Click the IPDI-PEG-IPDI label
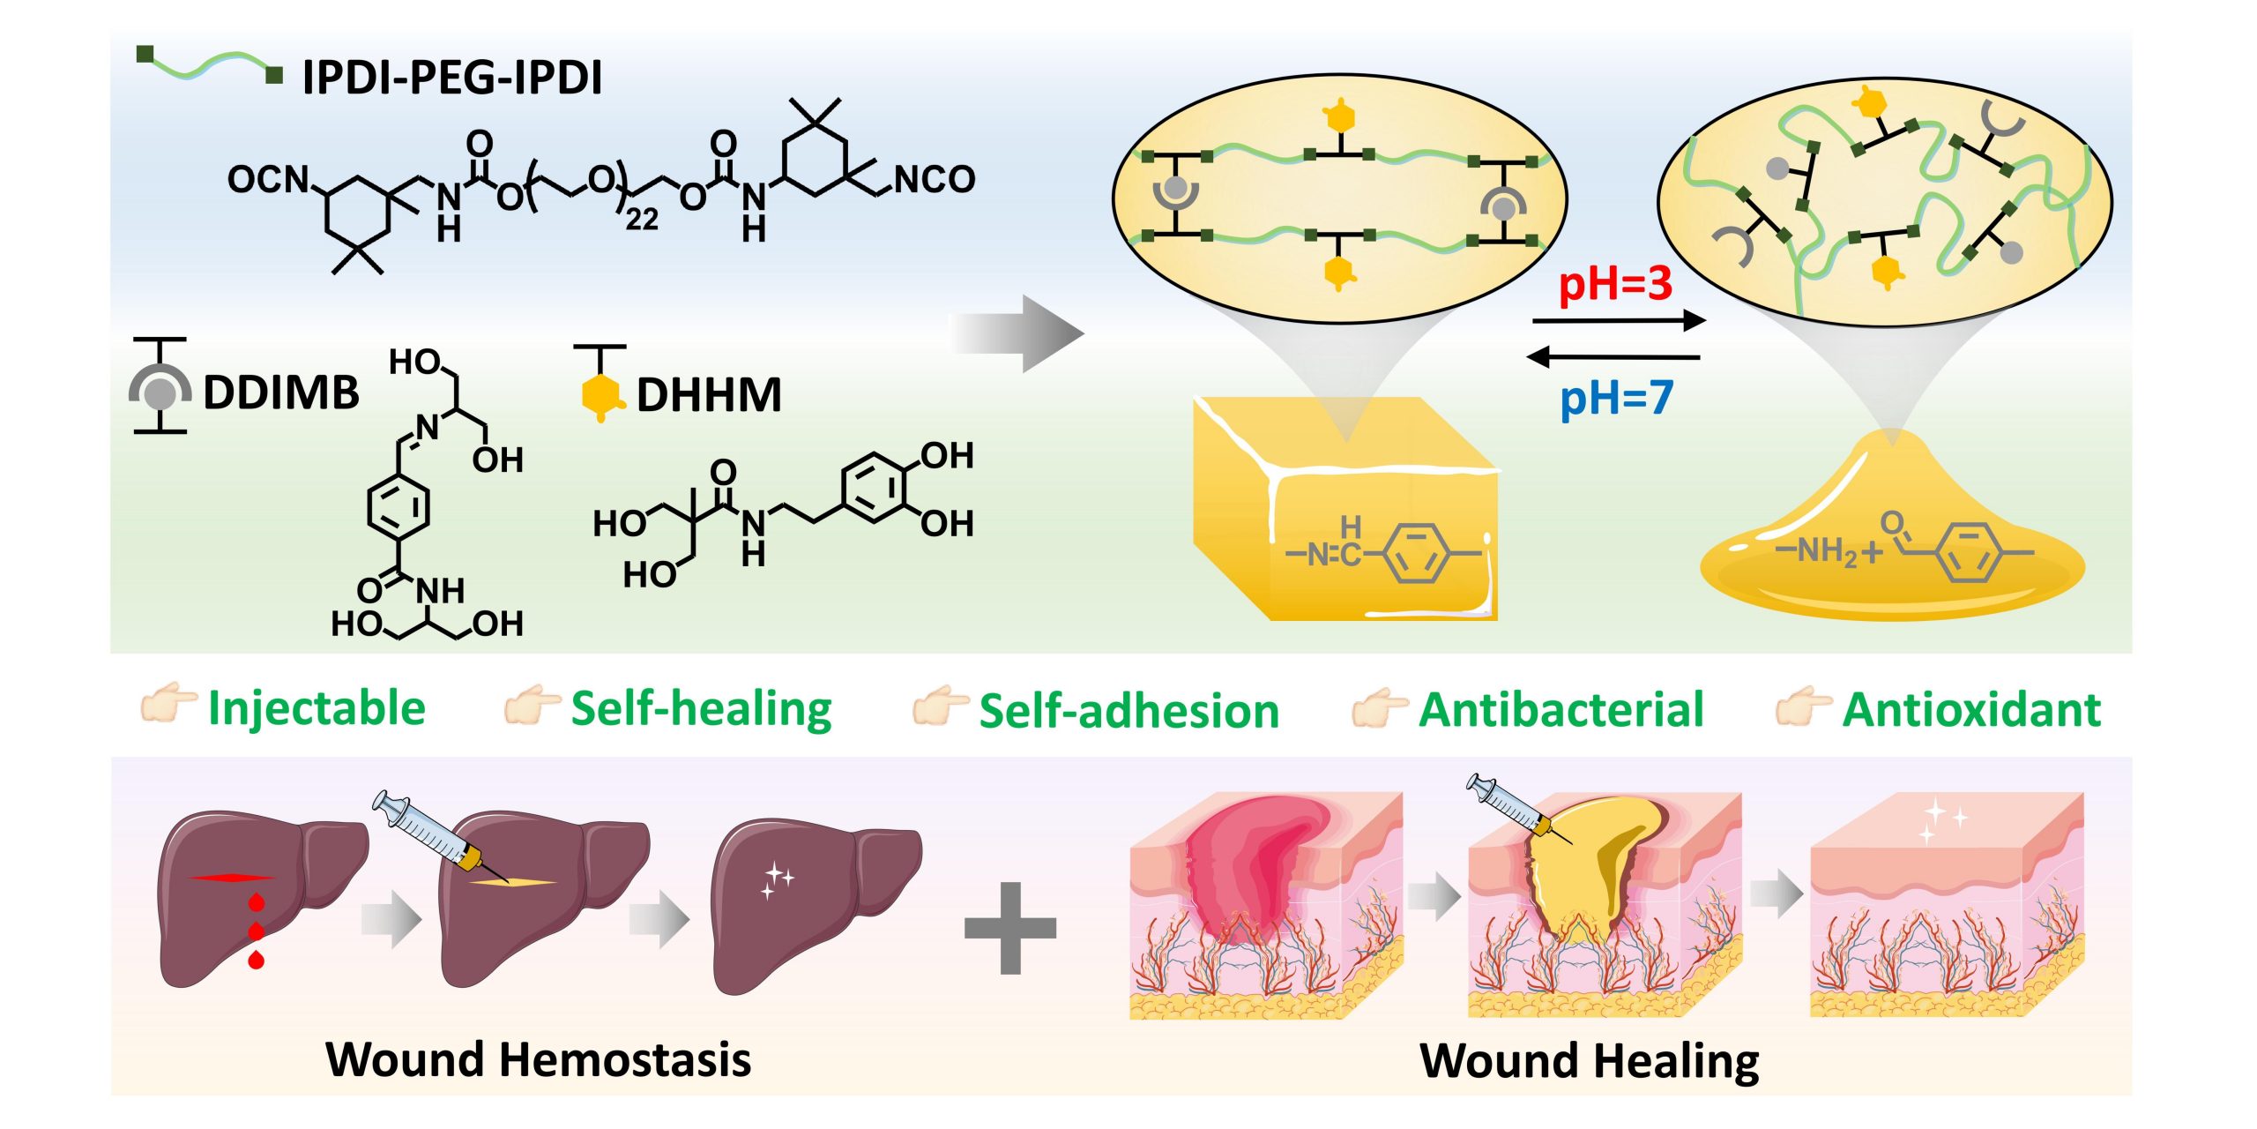pos(452,78)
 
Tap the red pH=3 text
pos(1615,284)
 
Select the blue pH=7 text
pos(1616,398)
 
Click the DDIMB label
pos(281,393)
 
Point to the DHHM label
pos(709,395)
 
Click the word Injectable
pos(317,708)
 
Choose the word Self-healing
pos(701,709)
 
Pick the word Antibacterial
pos(1561,710)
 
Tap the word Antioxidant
pos(1971,710)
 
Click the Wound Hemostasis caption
pos(538,1059)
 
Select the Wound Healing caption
pos(1589,1060)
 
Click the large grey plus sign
pos(1010,928)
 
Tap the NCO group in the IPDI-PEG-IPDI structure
pos(935,179)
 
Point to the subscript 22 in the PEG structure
pos(642,219)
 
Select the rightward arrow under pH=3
pos(1619,321)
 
